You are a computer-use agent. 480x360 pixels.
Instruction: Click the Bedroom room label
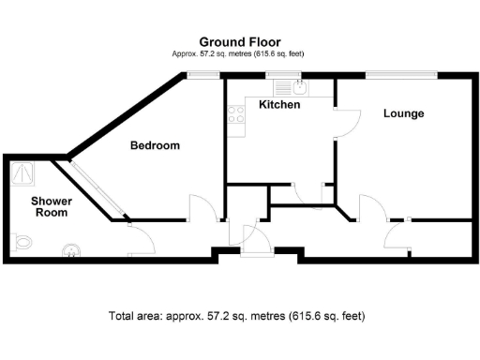click(x=155, y=146)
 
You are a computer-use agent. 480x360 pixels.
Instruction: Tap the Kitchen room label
click(x=279, y=105)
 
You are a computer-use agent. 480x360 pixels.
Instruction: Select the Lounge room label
click(x=403, y=113)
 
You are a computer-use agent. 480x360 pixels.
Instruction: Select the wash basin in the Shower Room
click(x=70, y=250)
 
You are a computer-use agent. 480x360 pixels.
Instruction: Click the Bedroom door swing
click(x=202, y=208)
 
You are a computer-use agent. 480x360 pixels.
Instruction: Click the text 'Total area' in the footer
click(x=136, y=316)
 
